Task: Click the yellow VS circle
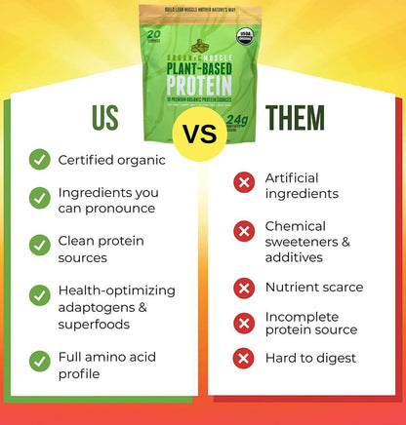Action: coord(203,132)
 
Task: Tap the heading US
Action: coord(104,118)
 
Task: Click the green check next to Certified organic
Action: coord(40,159)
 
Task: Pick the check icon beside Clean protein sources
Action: coord(40,244)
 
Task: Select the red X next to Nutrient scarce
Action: coord(244,288)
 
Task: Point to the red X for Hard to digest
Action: coord(244,358)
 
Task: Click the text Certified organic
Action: coord(111,159)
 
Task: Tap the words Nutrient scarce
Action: coord(314,288)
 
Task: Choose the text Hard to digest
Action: coord(309,358)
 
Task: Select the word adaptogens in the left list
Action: coord(99,307)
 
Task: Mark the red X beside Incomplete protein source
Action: coord(244,323)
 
